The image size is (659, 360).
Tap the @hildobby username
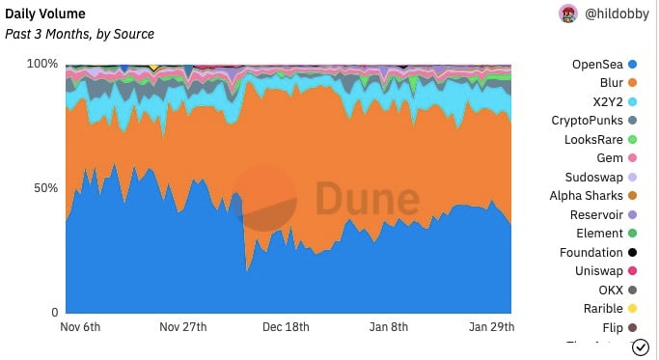(616, 14)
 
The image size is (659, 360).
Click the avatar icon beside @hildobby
(568, 14)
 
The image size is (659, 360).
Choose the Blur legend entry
(612, 83)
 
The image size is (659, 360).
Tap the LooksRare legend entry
(593, 140)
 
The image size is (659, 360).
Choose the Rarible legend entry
(603, 309)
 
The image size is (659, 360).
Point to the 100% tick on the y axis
(41, 64)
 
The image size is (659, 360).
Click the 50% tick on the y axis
(45, 188)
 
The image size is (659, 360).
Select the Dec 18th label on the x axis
(287, 327)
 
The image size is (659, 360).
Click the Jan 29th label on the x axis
(491, 327)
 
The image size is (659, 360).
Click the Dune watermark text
(368, 200)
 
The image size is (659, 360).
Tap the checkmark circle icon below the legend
(639, 347)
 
